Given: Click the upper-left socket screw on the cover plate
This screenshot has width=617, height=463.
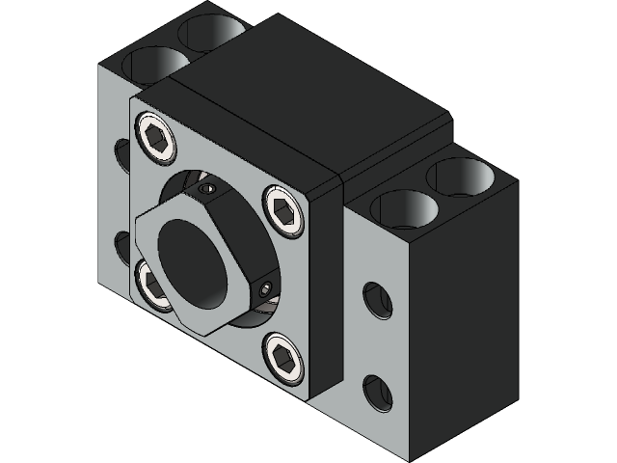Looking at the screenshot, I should pos(157,136).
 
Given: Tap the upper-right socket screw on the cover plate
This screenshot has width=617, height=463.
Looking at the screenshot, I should pos(282,209).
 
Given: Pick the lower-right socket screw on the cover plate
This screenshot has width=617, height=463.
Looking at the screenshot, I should pos(282,356).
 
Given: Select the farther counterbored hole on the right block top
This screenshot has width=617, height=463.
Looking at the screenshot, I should pos(461,177).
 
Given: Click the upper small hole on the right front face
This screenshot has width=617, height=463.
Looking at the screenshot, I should pos(377,301).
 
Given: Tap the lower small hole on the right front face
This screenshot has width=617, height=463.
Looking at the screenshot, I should pos(377,392).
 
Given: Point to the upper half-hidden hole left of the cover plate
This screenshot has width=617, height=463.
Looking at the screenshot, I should pos(122,155).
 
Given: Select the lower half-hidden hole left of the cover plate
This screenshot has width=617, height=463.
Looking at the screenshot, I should pos(122,247).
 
